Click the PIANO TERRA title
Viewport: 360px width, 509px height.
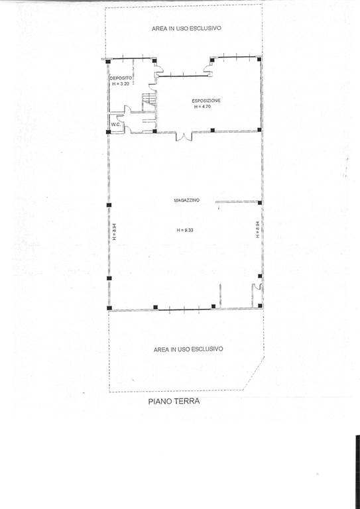(174, 401)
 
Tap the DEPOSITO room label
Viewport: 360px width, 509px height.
(121, 78)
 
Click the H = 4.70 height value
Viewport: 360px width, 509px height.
(203, 106)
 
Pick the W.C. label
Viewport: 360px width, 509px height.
(116, 125)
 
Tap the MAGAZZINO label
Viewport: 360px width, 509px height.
(187, 200)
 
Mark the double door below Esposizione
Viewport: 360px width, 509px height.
(184, 136)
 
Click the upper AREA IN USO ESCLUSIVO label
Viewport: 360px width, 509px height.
(187, 28)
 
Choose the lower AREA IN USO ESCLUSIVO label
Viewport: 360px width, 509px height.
(188, 349)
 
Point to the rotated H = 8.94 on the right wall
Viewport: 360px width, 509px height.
(257, 229)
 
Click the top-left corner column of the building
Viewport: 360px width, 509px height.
(109, 61)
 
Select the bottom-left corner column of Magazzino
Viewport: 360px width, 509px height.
(109, 308)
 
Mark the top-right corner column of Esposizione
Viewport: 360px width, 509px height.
(259, 59)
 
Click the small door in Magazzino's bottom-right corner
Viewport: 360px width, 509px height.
(258, 286)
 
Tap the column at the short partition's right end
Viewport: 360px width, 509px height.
(260, 203)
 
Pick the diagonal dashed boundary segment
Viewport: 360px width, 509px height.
(254, 372)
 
